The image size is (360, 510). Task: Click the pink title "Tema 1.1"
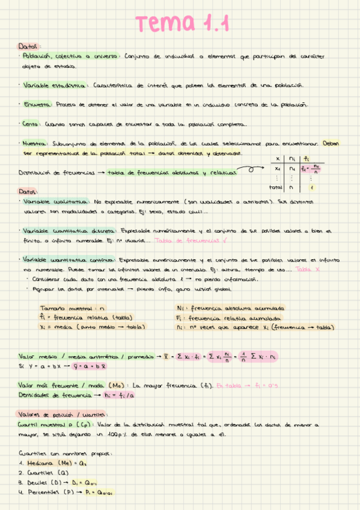tap(181, 24)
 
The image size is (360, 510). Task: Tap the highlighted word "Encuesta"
tap(36, 105)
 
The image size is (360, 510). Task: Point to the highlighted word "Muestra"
tap(34, 144)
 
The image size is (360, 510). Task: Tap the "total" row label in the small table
tap(276, 187)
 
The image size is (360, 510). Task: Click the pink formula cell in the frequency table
tap(312, 169)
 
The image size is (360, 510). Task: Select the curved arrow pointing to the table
tap(253, 171)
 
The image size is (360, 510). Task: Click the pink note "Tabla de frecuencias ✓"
tap(181, 239)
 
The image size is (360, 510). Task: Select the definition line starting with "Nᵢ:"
tap(228, 308)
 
